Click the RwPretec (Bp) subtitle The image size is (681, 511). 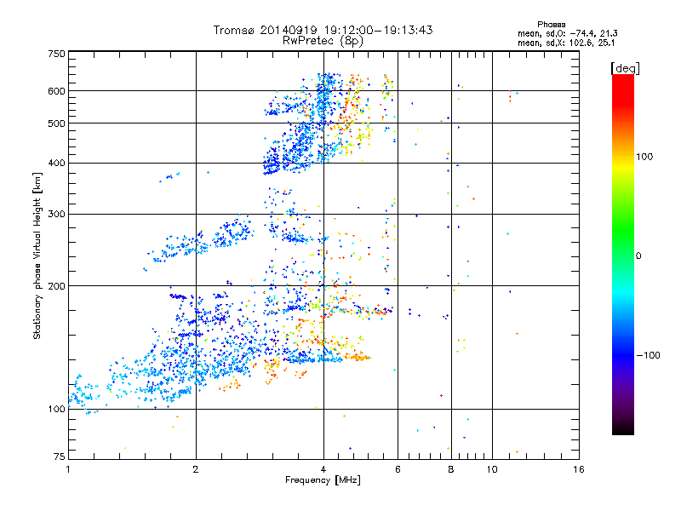point(323,40)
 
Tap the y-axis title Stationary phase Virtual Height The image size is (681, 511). point(37,255)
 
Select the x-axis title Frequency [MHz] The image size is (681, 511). point(323,480)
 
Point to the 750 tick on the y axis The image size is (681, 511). point(56,53)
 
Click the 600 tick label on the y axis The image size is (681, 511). point(56,91)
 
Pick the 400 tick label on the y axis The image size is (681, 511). point(56,163)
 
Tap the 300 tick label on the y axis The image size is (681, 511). point(56,214)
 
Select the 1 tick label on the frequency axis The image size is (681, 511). point(68,469)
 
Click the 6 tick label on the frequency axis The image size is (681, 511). point(398,469)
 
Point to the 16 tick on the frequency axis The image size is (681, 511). point(576,469)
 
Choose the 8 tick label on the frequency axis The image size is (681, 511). point(451,469)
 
